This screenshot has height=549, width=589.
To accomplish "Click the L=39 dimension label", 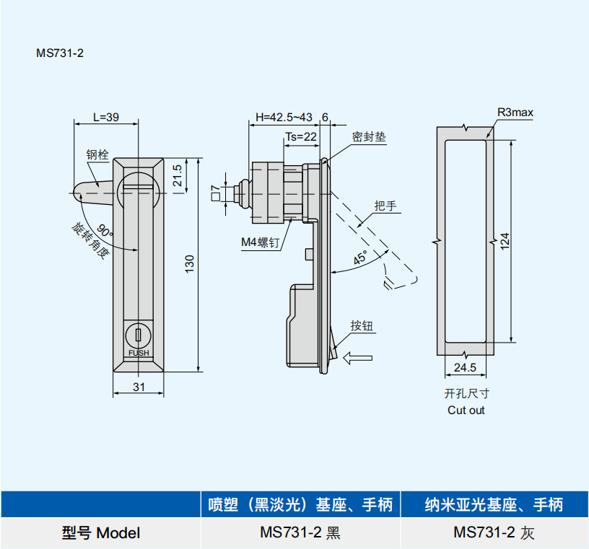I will tap(106, 117).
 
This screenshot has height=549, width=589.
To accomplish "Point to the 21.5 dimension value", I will tap(177, 175).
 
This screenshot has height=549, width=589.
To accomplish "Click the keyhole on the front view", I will tap(138, 335).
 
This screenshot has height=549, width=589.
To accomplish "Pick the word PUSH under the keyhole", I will tap(139, 353).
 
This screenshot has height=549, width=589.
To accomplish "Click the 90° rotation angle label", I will tap(105, 232).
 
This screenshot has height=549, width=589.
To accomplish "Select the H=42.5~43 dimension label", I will tap(284, 117).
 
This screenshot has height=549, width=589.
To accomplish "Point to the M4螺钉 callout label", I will tap(260, 243).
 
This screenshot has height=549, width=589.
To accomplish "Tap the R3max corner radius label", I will tap(515, 113).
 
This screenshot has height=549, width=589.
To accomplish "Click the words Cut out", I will tap(466, 410).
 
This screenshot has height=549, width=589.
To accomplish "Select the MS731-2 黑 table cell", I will tap(300, 533).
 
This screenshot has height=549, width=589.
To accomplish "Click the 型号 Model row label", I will tap(100, 533).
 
